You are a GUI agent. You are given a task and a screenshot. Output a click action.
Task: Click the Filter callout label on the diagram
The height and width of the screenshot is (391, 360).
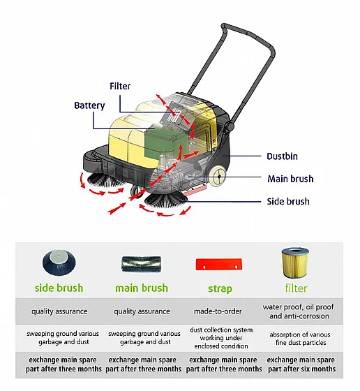[x=120, y=87]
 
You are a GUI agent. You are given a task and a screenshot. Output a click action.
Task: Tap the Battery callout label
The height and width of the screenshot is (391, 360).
[x=89, y=105]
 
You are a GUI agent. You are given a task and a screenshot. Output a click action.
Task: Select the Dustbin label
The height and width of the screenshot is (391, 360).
[x=282, y=156]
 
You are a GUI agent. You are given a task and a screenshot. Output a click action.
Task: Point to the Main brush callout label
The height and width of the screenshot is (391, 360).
[x=290, y=179]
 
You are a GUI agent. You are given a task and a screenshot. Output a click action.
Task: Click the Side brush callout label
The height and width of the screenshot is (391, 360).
[x=288, y=201]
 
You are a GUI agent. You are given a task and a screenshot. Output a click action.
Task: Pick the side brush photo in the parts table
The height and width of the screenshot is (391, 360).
[x=59, y=263]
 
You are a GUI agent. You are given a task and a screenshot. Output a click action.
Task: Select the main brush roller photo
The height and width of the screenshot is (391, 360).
[x=141, y=265]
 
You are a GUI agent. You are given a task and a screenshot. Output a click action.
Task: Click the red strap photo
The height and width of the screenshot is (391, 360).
[x=219, y=265]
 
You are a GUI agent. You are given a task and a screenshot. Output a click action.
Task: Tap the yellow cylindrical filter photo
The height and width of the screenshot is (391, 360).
[x=295, y=263]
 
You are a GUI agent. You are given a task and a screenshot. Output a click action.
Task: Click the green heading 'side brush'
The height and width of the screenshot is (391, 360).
[x=59, y=288]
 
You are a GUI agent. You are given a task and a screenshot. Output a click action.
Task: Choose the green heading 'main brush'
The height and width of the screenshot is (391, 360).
[x=141, y=288]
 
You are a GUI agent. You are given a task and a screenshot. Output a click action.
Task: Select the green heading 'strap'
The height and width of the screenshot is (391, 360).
[x=220, y=289]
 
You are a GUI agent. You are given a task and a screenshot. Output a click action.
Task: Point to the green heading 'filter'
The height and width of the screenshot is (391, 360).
[x=296, y=288]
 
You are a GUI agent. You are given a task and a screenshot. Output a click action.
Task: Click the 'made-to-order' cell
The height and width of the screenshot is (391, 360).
[x=218, y=311]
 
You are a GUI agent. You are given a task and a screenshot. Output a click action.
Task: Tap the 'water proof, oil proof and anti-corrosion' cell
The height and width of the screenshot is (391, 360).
[x=299, y=311]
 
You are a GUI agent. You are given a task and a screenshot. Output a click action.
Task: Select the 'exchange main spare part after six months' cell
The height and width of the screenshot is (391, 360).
[x=301, y=364]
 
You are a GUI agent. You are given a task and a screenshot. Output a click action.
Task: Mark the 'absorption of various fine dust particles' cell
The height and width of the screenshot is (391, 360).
[x=300, y=339]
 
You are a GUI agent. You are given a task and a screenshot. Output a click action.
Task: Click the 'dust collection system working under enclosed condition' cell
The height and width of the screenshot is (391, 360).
[x=221, y=338]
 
